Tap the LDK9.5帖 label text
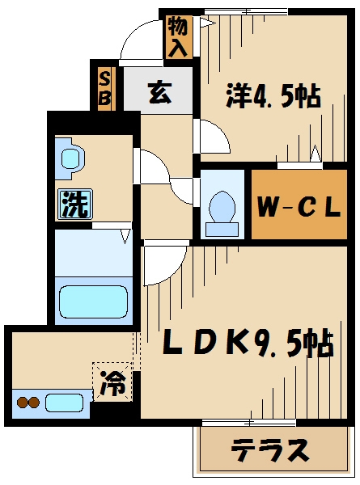click(249, 345)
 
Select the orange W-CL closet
click(299, 206)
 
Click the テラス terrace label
click(269, 449)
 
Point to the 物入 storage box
click(178, 37)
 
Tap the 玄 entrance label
click(159, 92)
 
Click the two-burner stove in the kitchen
click(28, 402)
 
